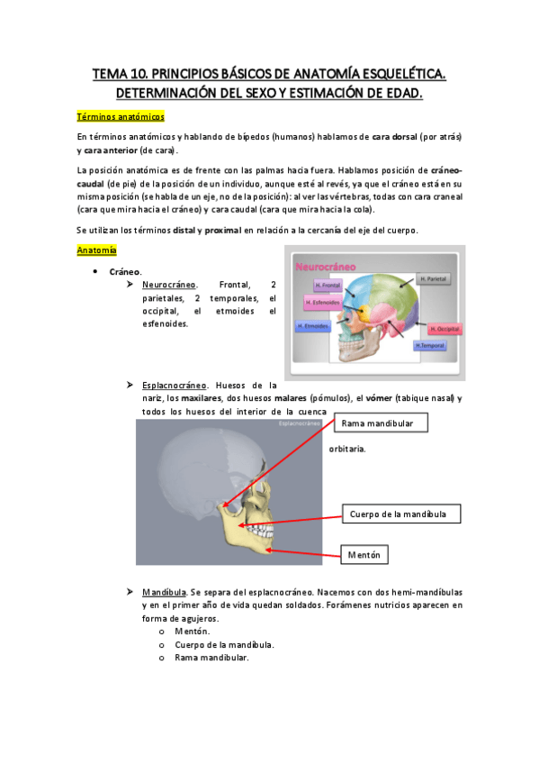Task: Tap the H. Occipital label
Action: click(x=445, y=329)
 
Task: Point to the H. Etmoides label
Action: click(x=312, y=326)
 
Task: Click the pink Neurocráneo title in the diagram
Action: click(x=325, y=267)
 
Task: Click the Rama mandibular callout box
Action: click(x=382, y=423)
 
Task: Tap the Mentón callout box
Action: click(x=365, y=555)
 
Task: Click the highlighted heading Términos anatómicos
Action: click(x=121, y=117)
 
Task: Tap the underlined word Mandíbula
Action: click(x=163, y=592)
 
